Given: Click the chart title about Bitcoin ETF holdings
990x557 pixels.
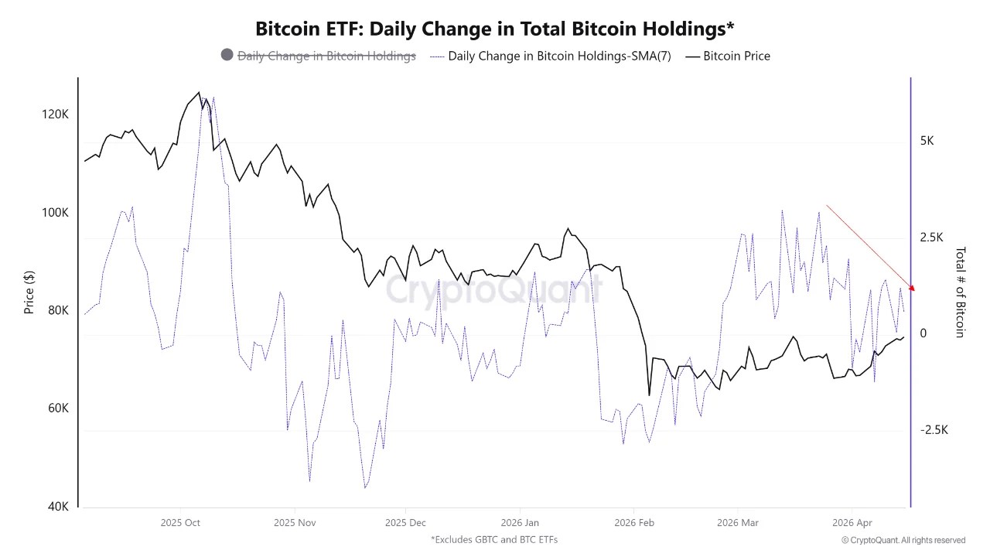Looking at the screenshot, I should pyautogui.click(x=495, y=29).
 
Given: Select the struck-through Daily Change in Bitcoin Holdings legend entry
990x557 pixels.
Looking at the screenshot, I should pyautogui.click(x=326, y=56).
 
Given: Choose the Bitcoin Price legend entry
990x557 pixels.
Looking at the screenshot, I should pyautogui.click(x=736, y=56).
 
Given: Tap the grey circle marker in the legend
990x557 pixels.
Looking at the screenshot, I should pyautogui.click(x=227, y=55).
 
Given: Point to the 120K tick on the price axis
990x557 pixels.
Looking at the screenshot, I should pyautogui.click(x=55, y=114).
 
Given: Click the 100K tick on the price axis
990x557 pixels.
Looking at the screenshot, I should pyautogui.click(x=55, y=213).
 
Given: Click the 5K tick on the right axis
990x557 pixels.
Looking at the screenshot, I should pyautogui.click(x=927, y=142).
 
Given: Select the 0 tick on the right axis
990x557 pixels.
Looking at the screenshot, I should pyautogui.click(x=922, y=334).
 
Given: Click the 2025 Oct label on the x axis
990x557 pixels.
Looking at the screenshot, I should pyautogui.click(x=180, y=523).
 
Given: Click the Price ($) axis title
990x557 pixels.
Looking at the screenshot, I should pyautogui.click(x=29, y=292).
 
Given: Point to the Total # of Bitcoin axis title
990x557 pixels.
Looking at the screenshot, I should pyautogui.click(x=961, y=292).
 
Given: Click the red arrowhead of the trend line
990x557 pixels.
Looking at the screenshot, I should pyautogui.click(x=913, y=289).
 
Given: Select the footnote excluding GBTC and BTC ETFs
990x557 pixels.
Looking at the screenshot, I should pyautogui.click(x=494, y=539).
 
